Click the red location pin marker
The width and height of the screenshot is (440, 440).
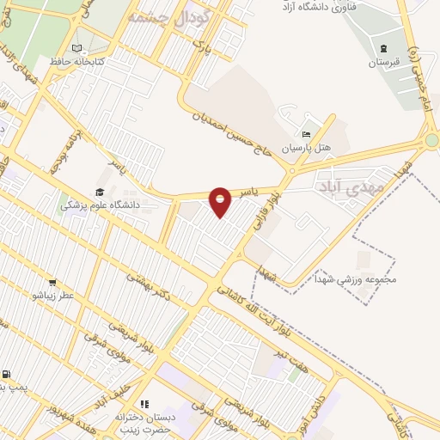(x=221, y=200)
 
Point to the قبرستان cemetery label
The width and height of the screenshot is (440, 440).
(x=384, y=63)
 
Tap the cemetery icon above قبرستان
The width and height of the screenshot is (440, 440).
(x=384, y=47)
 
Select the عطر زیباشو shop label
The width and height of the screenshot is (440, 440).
(x=53, y=296)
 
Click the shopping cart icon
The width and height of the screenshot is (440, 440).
(x=53, y=282)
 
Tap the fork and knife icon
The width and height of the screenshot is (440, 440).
(x=144, y=403)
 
